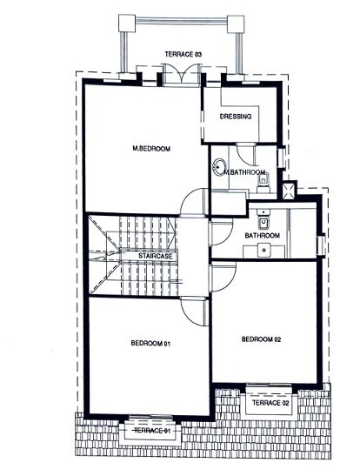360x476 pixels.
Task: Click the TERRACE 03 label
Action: [183, 54]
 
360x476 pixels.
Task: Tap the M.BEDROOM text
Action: [151, 149]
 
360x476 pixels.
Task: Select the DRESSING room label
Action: [236, 117]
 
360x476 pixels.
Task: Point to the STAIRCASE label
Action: [156, 256]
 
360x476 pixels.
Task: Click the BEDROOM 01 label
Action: [150, 344]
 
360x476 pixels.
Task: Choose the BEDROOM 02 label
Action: [261, 339]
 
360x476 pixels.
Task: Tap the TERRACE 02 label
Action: [270, 403]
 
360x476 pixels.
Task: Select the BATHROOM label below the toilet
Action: [263, 235]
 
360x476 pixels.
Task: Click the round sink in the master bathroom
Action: [219, 166]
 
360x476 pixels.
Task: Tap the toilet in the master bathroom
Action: [263, 182]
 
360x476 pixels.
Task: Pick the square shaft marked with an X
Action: [289, 191]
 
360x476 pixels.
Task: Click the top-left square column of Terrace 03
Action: [127, 23]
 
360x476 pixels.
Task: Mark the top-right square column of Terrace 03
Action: [236, 23]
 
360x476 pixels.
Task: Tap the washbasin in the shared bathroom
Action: [264, 251]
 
